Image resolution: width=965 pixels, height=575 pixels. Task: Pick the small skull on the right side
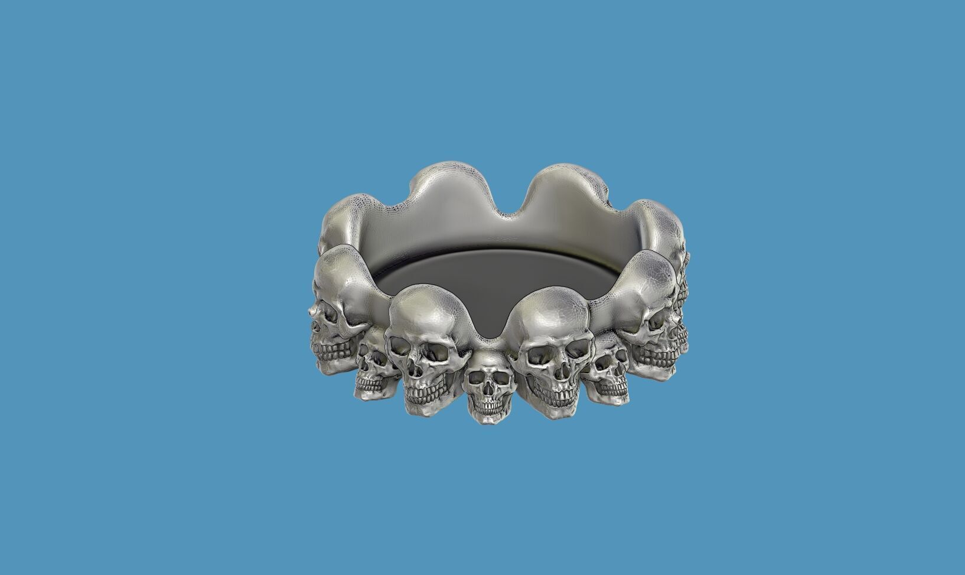608,372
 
